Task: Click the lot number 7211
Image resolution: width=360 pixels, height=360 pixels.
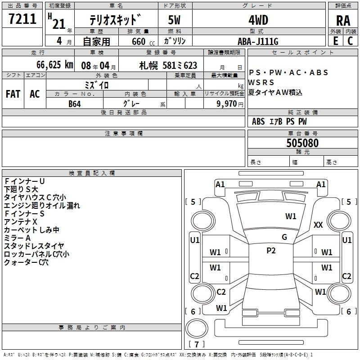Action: click(x=22, y=19)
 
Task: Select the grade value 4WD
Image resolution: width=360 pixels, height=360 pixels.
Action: click(x=258, y=20)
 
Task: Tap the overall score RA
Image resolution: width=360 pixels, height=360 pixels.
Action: click(x=343, y=21)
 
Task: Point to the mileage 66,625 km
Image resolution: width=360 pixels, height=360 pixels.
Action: click(x=55, y=65)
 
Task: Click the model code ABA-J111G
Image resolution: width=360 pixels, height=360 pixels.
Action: click(x=258, y=41)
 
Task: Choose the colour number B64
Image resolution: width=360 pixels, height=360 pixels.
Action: click(x=75, y=104)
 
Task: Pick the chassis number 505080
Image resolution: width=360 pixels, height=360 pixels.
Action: click(x=302, y=143)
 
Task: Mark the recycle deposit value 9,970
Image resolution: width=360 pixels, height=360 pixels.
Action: click(x=227, y=103)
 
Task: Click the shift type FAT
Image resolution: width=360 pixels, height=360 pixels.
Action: click(x=13, y=94)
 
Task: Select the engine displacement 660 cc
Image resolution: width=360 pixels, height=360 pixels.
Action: click(x=143, y=41)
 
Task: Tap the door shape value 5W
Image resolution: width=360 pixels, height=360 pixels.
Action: click(x=174, y=20)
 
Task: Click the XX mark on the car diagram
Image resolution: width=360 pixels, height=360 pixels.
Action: click(x=318, y=225)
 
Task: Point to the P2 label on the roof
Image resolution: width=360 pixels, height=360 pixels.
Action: click(x=271, y=251)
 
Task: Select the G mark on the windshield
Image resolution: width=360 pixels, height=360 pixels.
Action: click(x=284, y=237)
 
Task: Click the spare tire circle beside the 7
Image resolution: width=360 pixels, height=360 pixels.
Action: click(x=197, y=328)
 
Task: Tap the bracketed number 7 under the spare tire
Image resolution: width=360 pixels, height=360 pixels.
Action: click(x=197, y=344)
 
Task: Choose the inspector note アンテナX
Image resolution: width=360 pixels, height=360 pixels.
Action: click(x=20, y=222)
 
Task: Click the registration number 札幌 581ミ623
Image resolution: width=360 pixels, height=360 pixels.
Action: click(x=168, y=66)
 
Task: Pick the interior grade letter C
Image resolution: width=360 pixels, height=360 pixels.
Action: click(x=350, y=41)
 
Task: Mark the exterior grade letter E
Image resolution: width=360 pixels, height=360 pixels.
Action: click(x=336, y=41)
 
